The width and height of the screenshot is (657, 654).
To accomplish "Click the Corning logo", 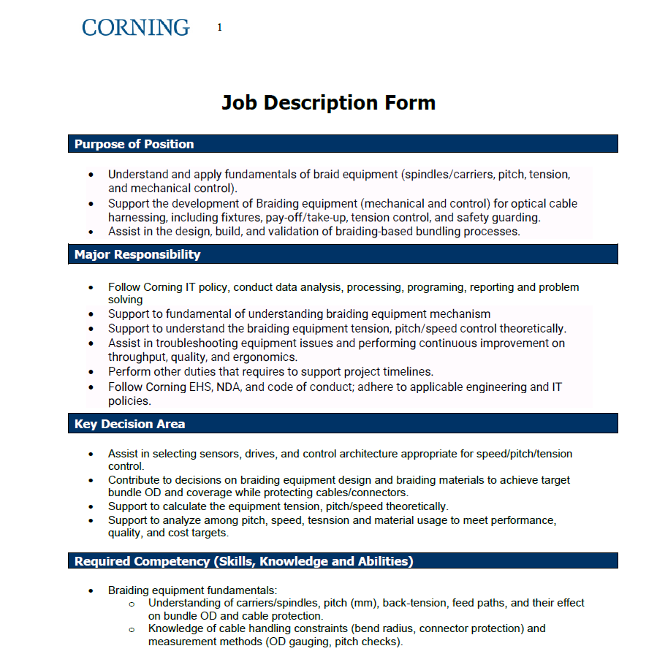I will point(135,28).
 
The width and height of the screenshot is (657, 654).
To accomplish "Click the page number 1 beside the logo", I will point(219,28).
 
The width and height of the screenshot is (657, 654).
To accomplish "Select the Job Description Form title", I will point(328,103).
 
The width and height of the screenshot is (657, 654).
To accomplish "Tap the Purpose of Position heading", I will point(134,144).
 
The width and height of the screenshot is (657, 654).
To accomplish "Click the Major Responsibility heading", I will point(137,254).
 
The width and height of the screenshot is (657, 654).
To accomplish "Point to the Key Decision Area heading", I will point(129,424).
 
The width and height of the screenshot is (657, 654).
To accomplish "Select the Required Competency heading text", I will point(243,561).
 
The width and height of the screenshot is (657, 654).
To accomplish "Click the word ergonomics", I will point(267,357).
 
